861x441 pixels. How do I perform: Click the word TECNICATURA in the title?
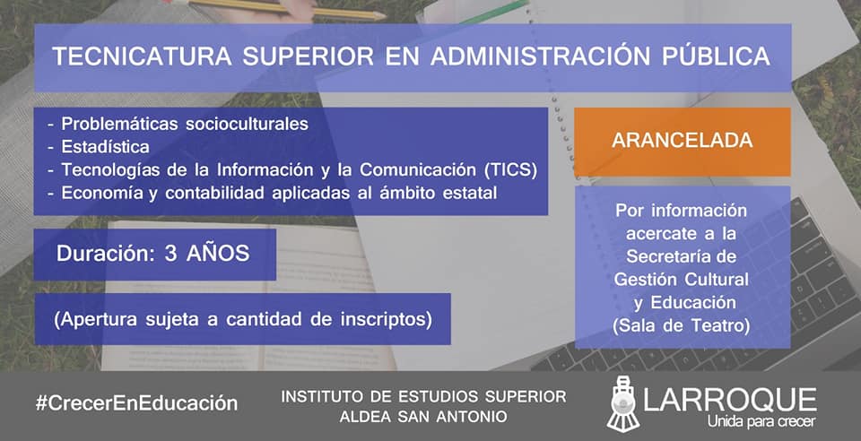(142, 57)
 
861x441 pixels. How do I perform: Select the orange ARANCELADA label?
(682, 141)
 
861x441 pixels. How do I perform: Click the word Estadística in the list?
(106, 147)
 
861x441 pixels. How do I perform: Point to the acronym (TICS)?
(510, 170)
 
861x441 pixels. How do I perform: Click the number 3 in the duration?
(170, 254)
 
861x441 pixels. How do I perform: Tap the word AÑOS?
(218, 253)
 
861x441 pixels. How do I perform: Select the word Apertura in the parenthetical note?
(96, 320)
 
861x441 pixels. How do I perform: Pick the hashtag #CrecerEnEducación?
(136, 403)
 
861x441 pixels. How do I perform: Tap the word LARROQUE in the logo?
(730, 401)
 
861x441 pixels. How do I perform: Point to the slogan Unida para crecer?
(761, 421)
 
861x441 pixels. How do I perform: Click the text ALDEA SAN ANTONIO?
(422, 416)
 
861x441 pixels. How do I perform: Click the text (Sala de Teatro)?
(682, 325)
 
